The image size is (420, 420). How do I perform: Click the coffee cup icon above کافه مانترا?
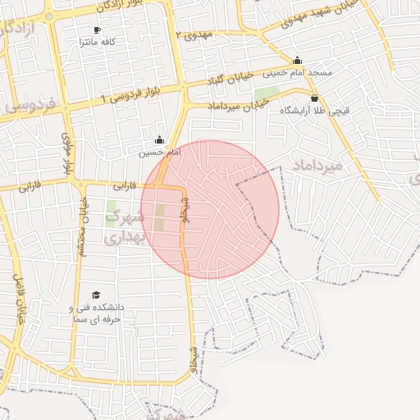pos(97,30)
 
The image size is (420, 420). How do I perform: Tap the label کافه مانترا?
pos(97,41)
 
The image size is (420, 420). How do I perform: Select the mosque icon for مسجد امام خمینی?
pos(297,60)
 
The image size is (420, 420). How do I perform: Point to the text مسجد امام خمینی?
pos(297,72)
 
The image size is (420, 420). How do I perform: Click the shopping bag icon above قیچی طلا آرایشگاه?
pos(314,98)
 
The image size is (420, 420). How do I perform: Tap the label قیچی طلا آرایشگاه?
pos(315,110)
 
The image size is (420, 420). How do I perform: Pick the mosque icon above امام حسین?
pos(159,139)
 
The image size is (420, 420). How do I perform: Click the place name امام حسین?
pos(155,152)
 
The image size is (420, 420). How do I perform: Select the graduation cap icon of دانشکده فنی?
pos(96,294)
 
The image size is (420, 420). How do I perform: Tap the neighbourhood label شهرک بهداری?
pos(126,227)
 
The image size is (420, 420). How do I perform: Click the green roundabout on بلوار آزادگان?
pos(49,16)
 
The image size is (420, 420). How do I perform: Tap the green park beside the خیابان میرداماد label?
pos(267,94)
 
